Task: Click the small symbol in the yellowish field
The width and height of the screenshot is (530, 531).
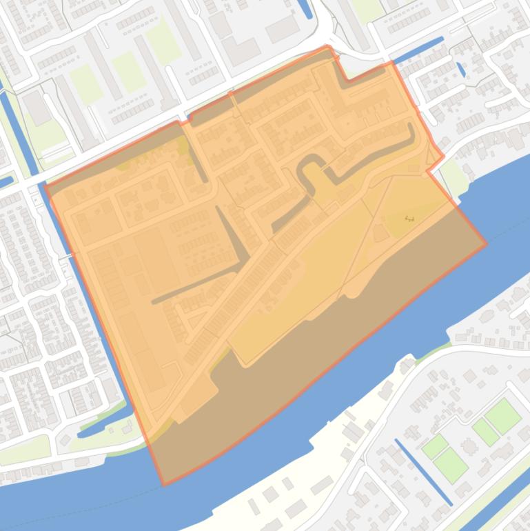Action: pos(409,218)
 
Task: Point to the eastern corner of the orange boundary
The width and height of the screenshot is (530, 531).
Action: pos(487,243)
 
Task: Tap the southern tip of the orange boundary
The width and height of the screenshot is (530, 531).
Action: pos(163,485)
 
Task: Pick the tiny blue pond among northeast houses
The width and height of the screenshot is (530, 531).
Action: pos(460,69)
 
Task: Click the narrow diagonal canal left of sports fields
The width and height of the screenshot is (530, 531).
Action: pos(423,471)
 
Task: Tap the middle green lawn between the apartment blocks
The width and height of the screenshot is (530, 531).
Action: pos(129,71)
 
